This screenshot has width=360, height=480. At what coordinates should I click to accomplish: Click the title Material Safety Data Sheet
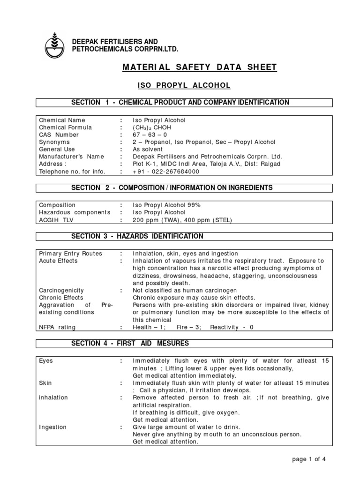(x=200, y=67)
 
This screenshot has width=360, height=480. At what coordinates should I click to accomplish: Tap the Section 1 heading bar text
(x=180, y=103)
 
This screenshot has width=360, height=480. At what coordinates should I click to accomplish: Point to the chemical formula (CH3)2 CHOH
(x=152, y=127)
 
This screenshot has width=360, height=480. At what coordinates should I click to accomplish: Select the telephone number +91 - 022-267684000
(x=166, y=172)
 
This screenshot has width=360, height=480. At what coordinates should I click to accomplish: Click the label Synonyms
(x=54, y=142)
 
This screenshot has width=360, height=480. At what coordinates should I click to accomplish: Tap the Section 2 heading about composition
(x=172, y=188)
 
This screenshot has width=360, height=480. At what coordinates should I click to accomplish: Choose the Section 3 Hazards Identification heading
(x=137, y=236)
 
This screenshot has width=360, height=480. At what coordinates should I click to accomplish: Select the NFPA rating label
(x=57, y=327)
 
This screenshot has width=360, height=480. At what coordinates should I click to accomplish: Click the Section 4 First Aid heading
(x=130, y=344)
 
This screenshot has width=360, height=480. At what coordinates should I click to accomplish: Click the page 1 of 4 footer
(x=308, y=459)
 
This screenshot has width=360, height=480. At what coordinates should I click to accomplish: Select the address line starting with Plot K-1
(x=207, y=164)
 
